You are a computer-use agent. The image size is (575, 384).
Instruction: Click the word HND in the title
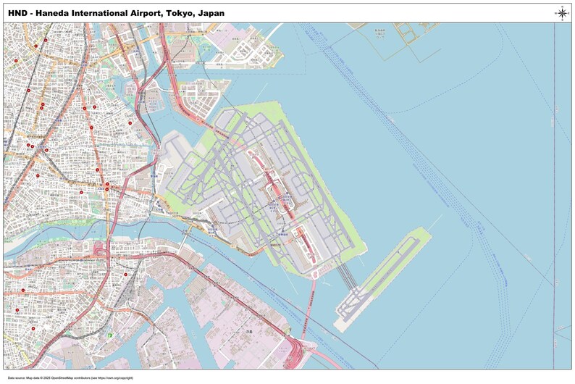17,13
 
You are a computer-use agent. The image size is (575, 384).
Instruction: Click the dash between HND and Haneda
30,13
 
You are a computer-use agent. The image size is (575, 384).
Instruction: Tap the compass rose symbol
561,12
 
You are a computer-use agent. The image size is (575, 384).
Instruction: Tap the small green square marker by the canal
109,335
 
